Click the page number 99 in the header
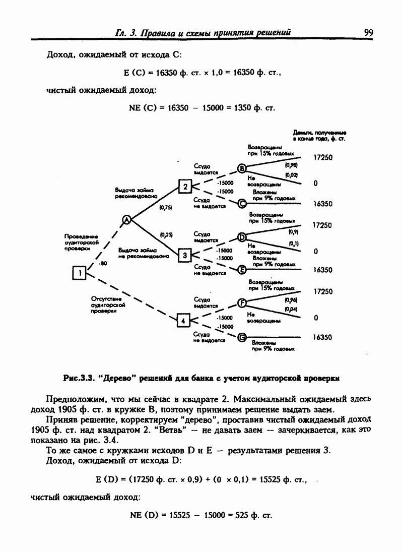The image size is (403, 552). (x=368, y=33)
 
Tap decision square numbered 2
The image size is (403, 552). (x=185, y=188)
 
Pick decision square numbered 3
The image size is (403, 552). (x=185, y=255)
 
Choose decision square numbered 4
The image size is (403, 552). (x=183, y=320)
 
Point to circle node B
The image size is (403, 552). (x=241, y=169)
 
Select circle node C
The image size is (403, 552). (x=242, y=204)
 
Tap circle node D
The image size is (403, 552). (x=241, y=237)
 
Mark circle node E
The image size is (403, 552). (x=242, y=270)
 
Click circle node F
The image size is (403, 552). (x=242, y=303)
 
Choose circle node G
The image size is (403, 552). (x=242, y=337)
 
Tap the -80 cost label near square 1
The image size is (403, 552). (x=103, y=264)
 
